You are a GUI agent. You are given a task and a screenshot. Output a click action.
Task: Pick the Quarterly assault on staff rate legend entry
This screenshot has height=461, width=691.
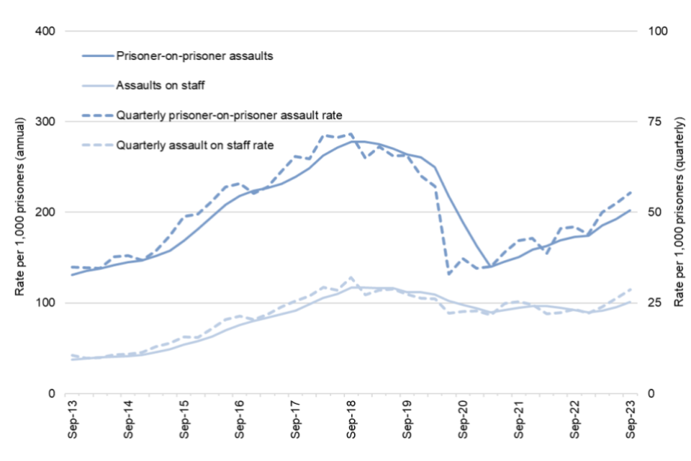pos(194,145)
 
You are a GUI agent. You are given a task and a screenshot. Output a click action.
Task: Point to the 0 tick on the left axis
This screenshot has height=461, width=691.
pos(51,393)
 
